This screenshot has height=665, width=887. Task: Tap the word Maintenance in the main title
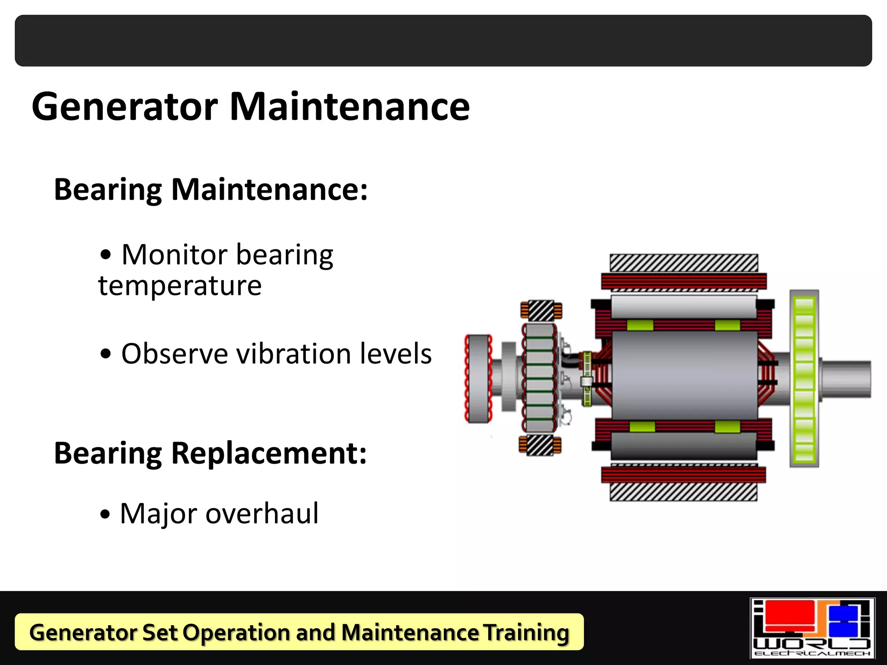pos(350,107)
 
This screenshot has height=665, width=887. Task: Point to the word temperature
pos(180,286)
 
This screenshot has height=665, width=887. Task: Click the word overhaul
pos(262,514)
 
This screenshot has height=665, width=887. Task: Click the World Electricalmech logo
pos(812,628)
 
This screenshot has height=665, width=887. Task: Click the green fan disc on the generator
pos(804,378)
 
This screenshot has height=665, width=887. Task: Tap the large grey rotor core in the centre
pos(684,375)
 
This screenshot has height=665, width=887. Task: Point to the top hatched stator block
pos(684,263)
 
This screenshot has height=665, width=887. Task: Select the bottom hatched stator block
pos(684,492)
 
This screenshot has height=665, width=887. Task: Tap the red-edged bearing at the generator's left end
pos(478,378)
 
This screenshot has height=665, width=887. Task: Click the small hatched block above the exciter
pos(541,310)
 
